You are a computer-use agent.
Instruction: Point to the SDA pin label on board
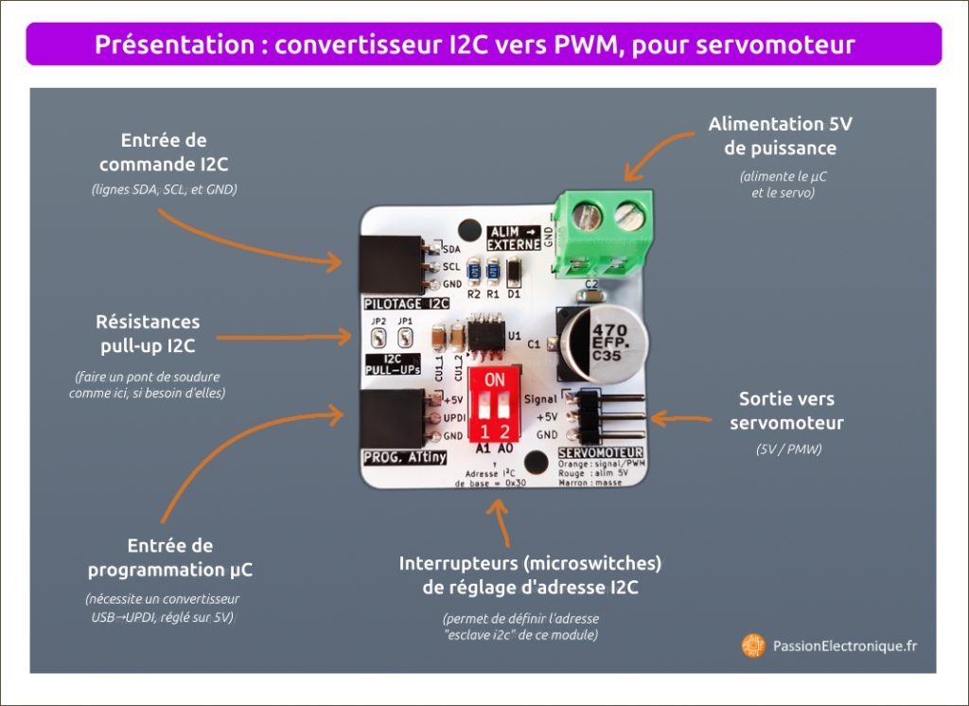coord(451,249)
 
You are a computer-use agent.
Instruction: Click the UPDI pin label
coord(453,417)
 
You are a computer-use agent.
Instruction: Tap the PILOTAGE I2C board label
coord(406,304)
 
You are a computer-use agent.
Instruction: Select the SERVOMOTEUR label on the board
coord(601,453)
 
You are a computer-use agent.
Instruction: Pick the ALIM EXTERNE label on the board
coord(513,238)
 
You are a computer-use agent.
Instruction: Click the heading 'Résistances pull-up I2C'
coord(149,334)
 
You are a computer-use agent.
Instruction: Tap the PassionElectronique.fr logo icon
coord(753,645)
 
